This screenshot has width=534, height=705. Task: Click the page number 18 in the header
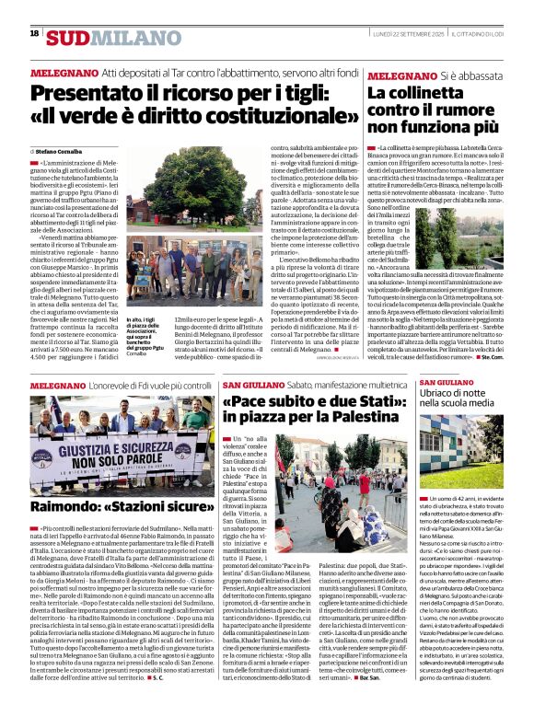(x=34, y=34)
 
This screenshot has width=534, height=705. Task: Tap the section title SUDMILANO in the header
(x=101, y=37)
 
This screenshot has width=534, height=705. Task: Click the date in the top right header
(x=424, y=33)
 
